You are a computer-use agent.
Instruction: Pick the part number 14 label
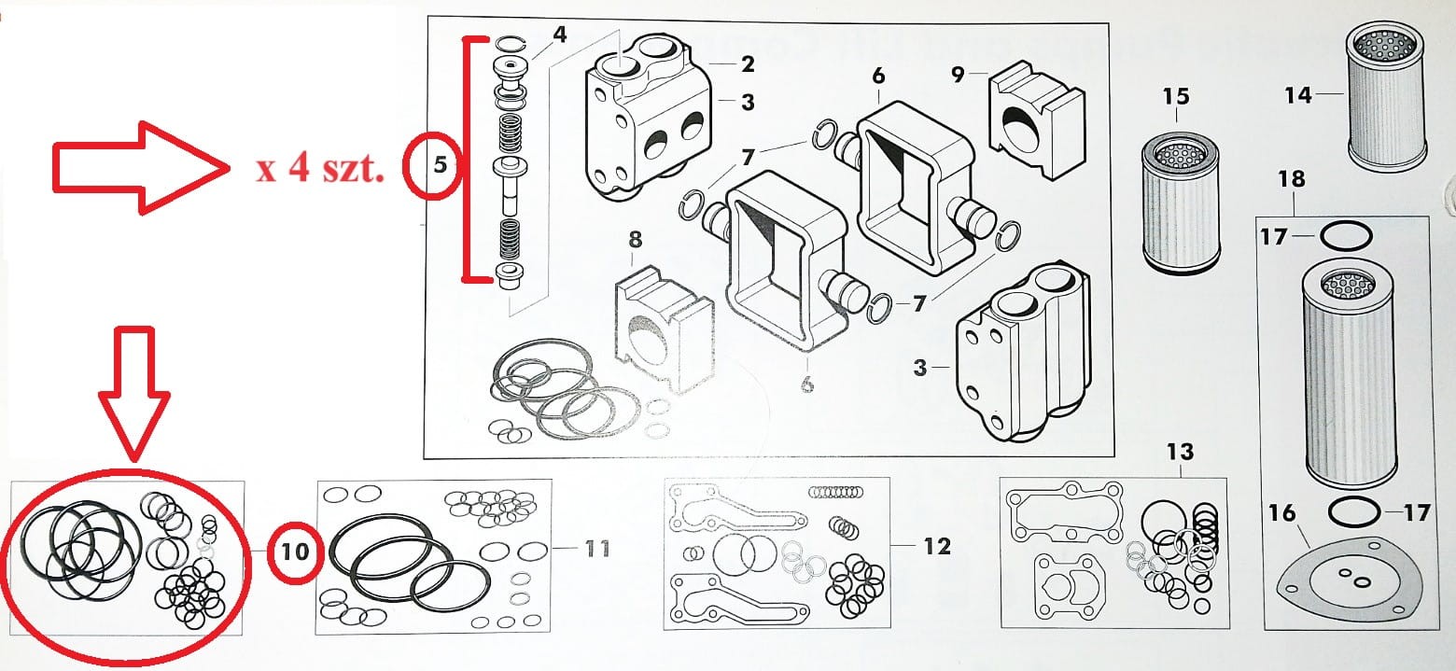coord(1298,94)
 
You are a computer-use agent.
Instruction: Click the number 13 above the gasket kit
coord(1180,453)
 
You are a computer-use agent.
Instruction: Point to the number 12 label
coord(937,546)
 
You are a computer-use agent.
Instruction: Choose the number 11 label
coord(596,547)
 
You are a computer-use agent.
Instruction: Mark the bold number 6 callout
coord(878,76)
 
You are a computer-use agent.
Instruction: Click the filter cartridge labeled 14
coord(1387,93)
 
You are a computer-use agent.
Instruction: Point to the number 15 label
coord(1176,96)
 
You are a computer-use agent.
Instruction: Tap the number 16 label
coord(1282,512)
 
